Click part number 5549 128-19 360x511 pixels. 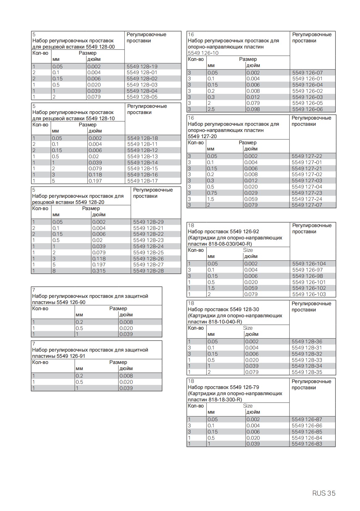coord(142,66)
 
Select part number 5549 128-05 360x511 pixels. coord(142,97)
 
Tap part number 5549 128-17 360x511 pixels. coord(142,181)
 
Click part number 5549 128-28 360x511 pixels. coord(148,271)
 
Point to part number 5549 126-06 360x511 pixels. coord(307,109)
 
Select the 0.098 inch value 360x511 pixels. coord(253,109)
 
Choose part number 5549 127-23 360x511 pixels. coord(307,193)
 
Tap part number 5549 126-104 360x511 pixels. coord(309,264)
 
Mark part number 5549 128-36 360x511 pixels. coord(307,341)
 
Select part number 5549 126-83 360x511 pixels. coord(307,444)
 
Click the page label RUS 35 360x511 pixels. coord(324,493)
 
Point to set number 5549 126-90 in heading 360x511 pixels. coord(71,302)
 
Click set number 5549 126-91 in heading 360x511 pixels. coord(71,356)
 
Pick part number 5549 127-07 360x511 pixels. coord(307,205)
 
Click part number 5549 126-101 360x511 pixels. coord(309,282)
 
